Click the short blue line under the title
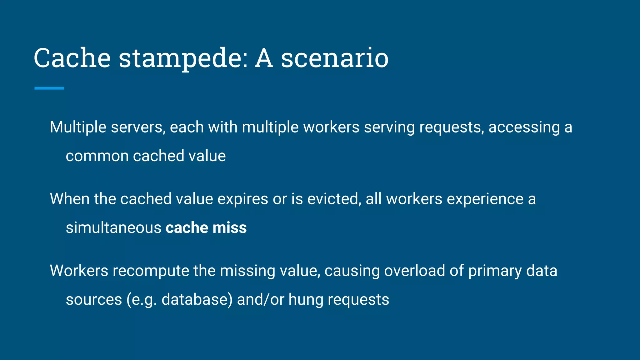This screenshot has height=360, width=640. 49,88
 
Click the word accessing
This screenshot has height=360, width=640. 524,127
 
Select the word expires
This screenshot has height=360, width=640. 242,199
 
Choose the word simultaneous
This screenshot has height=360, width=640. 113,227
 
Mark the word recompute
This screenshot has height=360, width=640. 151,271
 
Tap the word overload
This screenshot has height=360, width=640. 414,271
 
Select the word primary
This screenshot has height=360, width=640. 495,271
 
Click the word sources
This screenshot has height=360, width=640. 94,299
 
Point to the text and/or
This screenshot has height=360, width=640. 261,299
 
